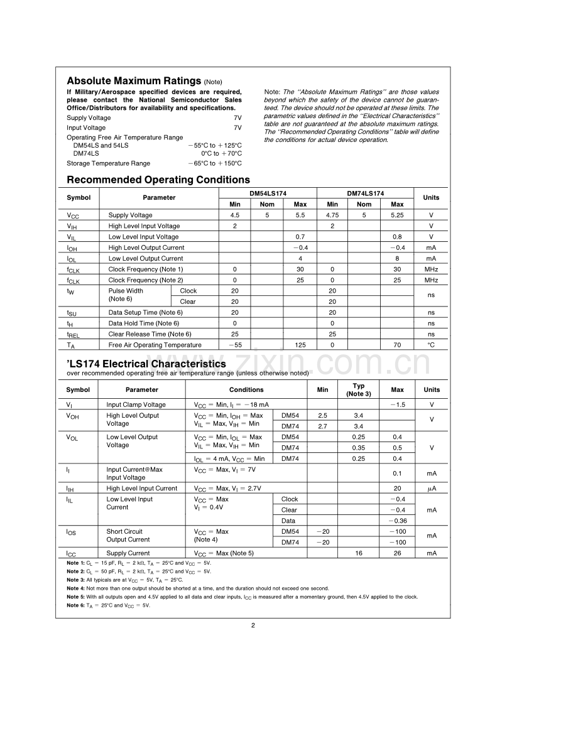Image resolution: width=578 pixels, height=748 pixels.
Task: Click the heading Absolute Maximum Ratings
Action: (134, 81)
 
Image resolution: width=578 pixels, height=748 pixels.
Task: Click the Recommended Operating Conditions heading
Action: (158, 180)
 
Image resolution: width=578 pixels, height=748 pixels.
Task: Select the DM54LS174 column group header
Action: (268, 193)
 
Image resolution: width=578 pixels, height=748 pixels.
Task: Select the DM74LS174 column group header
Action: (365, 193)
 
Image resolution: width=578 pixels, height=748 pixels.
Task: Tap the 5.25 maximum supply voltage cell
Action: (397, 215)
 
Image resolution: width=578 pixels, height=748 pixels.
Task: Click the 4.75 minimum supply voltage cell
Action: (332, 215)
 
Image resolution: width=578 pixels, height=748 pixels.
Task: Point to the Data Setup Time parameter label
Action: (145, 312)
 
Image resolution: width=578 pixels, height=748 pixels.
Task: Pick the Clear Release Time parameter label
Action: (150, 334)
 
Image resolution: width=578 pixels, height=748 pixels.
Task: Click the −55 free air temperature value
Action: (235, 345)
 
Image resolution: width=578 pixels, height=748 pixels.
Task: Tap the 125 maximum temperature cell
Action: (300, 345)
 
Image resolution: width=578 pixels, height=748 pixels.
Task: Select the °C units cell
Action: (431, 345)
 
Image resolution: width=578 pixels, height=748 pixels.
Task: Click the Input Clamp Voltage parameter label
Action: (136, 404)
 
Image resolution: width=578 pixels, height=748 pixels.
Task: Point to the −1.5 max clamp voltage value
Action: (397, 404)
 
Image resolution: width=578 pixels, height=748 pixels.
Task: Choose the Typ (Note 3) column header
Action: (359, 389)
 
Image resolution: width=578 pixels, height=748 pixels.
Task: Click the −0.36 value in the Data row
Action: (397, 521)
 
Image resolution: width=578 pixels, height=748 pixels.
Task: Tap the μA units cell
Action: (431, 488)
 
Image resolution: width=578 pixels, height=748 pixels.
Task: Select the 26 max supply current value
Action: (397, 553)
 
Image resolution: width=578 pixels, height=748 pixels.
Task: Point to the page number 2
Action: (253, 625)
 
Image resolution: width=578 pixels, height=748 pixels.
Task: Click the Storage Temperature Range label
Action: (108, 163)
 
